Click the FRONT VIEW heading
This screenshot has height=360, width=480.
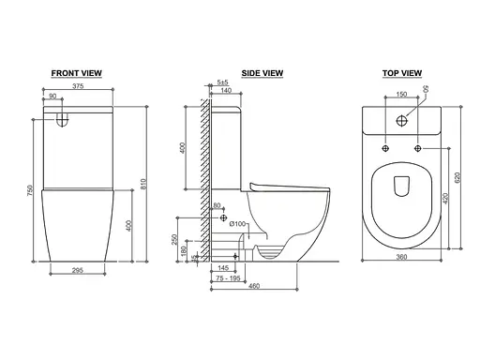(x=77, y=73)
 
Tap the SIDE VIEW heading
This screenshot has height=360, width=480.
(x=262, y=73)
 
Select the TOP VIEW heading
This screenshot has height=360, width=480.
(x=402, y=73)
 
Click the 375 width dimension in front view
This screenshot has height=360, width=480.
(x=78, y=86)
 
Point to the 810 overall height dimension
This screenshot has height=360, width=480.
(x=143, y=184)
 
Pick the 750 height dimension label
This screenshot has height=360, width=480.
(x=30, y=190)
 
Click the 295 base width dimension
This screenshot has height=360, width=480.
(x=78, y=270)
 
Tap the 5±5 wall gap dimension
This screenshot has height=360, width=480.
(x=222, y=82)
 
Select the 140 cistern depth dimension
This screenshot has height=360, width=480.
(x=226, y=90)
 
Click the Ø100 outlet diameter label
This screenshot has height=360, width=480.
(x=237, y=224)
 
